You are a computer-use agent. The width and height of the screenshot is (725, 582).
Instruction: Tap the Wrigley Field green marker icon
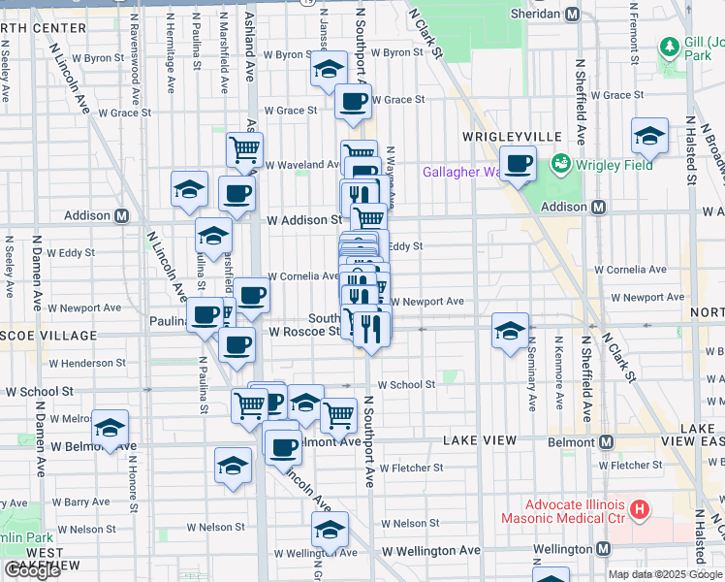point(558,165)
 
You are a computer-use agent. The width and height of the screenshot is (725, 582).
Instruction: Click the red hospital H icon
point(639,508)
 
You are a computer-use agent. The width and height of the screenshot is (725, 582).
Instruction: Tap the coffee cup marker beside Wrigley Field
point(518,164)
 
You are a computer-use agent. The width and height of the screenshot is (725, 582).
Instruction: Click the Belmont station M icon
point(607,442)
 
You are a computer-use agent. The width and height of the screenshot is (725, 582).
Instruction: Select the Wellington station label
point(561,549)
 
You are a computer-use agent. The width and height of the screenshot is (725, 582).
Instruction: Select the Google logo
point(33,570)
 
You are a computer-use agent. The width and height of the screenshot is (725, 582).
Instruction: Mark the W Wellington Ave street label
point(431,550)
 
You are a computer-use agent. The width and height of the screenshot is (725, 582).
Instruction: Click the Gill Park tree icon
point(669,47)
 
